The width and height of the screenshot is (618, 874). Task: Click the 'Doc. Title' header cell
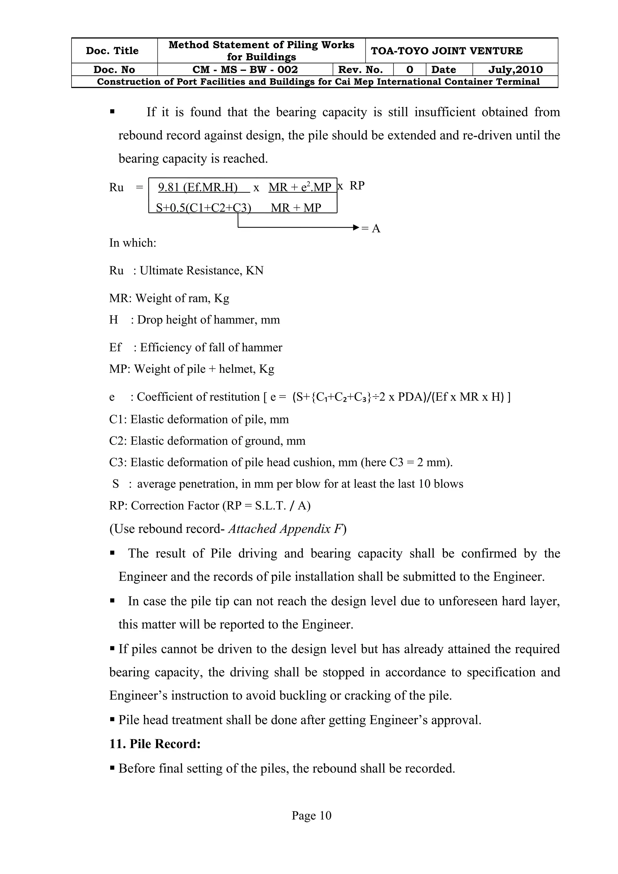click(112, 51)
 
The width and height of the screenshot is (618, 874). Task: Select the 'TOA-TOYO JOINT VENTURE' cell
click(447, 51)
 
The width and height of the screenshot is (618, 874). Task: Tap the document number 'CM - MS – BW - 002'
click(245, 70)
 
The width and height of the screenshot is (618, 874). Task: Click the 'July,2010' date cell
click(515, 70)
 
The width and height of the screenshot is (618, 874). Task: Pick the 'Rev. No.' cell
click(360, 70)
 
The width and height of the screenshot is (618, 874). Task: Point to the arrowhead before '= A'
click(356, 228)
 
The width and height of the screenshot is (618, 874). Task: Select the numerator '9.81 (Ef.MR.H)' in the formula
click(198, 187)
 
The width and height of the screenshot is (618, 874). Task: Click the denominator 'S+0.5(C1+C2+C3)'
click(203, 207)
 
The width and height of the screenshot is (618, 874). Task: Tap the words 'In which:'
click(132, 243)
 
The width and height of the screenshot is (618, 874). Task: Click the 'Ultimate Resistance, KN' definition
click(202, 271)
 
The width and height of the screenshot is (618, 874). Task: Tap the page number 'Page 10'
click(311, 815)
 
